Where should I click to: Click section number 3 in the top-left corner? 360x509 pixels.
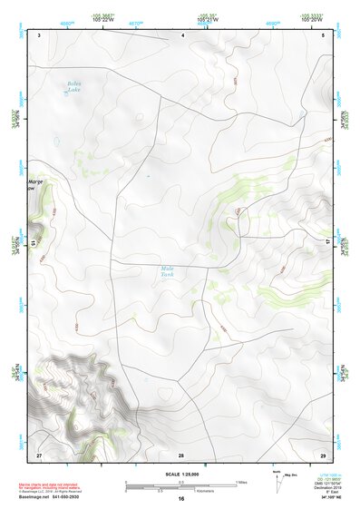pos(39,34)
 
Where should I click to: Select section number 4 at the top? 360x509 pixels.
pos(183,34)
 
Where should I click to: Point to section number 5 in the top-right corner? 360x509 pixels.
pos(323,34)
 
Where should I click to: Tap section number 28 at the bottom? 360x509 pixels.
pos(181,453)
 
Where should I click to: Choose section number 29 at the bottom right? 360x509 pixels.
pos(323,453)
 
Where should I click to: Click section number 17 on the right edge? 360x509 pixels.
pos(328,240)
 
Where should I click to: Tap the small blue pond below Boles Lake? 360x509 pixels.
pos(58,141)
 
